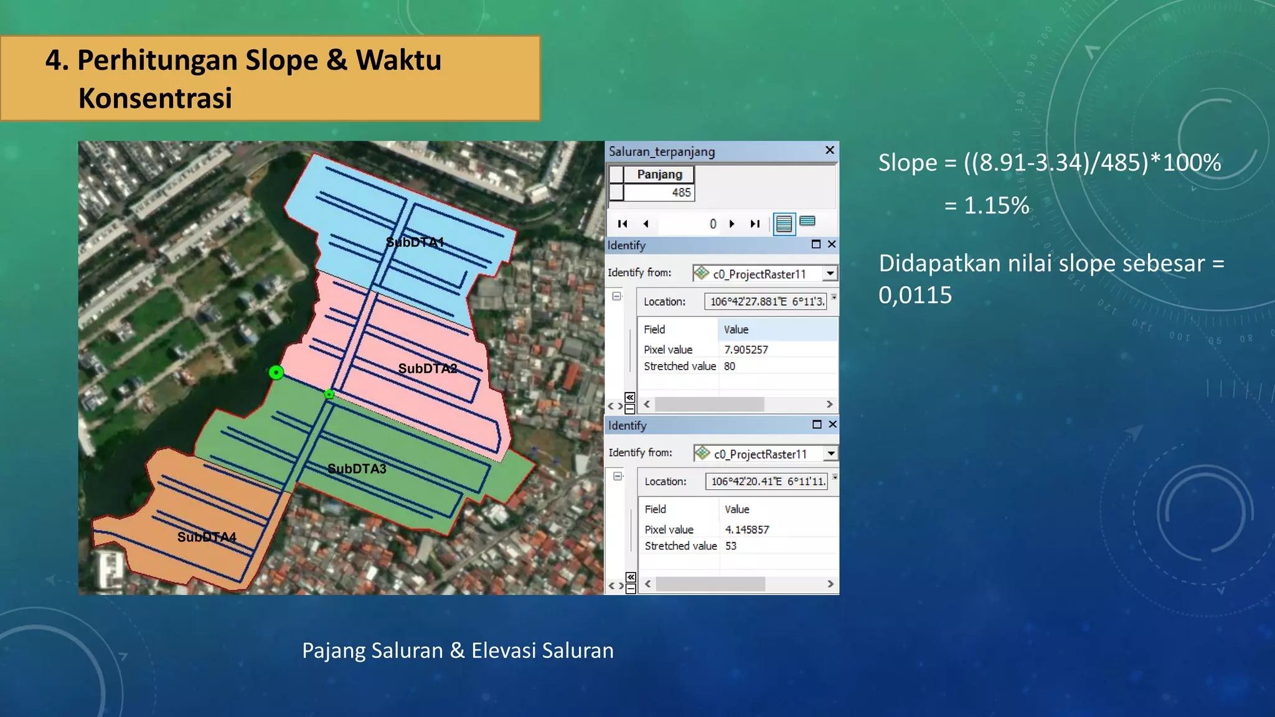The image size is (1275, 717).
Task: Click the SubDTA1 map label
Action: [x=415, y=242]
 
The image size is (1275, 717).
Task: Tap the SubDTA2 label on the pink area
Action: [x=428, y=368]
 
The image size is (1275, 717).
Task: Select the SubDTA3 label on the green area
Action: [x=357, y=469]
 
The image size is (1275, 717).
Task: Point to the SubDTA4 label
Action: [x=207, y=537]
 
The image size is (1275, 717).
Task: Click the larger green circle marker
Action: [x=276, y=372]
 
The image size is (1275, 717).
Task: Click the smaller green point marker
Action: [x=329, y=394]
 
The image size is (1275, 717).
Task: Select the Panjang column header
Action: [x=659, y=174]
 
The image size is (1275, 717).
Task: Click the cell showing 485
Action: [x=681, y=192]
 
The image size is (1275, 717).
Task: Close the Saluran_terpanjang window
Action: [x=829, y=151]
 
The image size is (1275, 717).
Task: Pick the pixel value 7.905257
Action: [x=746, y=350]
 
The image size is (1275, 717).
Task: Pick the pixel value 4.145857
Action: [x=747, y=530]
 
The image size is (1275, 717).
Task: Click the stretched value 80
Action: [x=730, y=367]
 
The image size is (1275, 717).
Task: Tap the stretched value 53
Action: [x=731, y=546]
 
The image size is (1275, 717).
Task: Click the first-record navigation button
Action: [x=623, y=224]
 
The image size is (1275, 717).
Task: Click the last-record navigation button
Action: [x=755, y=224]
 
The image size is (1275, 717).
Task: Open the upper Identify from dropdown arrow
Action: [x=830, y=273]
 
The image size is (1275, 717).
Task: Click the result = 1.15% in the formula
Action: [x=987, y=205]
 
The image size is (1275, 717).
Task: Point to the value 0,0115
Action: [x=915, y=295]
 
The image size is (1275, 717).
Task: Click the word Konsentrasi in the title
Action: [x=155, y=98]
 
